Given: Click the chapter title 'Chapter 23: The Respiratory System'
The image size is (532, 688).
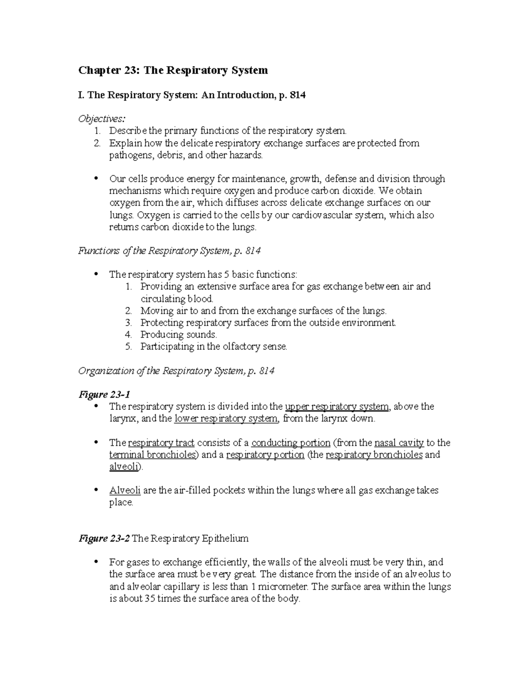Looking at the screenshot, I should point(173,70).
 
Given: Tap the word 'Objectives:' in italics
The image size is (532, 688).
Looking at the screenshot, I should point(102,119).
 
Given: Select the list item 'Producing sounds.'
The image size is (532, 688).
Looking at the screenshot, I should point(178,334).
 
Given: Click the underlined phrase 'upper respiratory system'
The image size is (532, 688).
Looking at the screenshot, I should point(337,407).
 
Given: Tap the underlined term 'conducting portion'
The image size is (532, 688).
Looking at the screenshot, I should point(291,443).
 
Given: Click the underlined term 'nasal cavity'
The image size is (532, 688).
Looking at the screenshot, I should point(399,443).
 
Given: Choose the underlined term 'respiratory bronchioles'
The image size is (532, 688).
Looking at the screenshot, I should point(374,455).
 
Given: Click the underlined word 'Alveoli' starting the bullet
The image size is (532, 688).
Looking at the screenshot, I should point(125,490).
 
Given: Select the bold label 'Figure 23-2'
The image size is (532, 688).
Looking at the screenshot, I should point(104,539).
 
